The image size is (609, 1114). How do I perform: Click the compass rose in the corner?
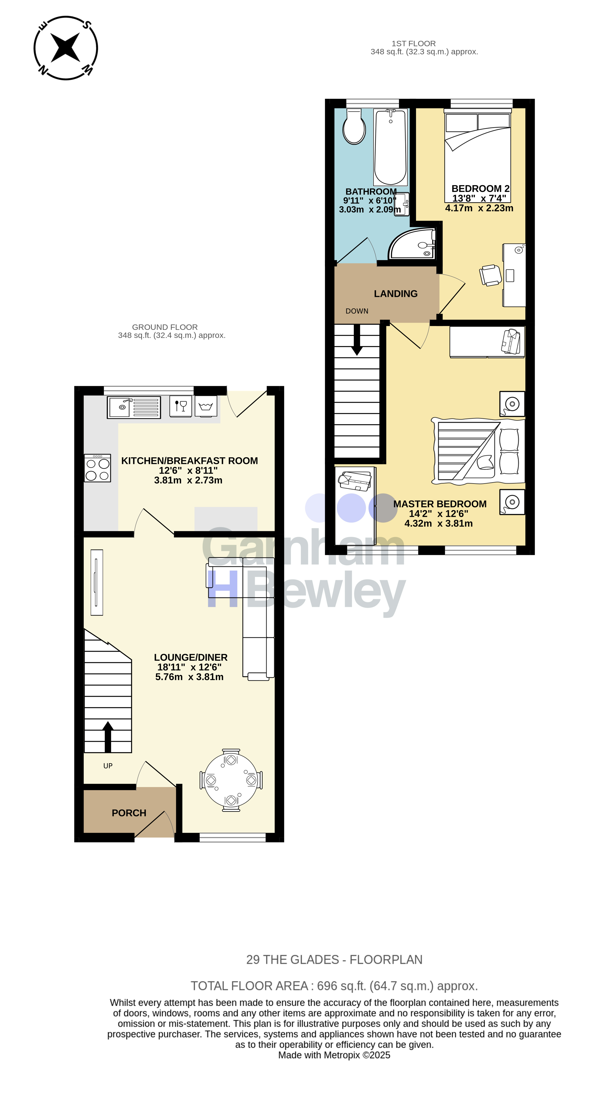(66, 48)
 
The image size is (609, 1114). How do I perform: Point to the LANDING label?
(395, 294)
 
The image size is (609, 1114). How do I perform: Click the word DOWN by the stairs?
(357, 311)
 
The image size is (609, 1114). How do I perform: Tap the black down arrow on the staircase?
(357, 339)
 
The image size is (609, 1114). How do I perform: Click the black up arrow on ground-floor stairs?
(108, 737)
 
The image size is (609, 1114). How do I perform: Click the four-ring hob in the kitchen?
(98, 468)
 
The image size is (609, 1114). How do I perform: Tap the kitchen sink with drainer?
(134, 407)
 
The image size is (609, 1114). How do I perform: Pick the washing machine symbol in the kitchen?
(206, 407)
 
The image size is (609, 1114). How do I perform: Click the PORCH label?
(129, 813)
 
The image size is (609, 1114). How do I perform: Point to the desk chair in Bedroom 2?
(491, 275)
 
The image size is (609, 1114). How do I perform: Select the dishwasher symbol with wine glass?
(181, 407)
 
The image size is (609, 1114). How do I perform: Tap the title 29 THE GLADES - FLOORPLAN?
(334, 960)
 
